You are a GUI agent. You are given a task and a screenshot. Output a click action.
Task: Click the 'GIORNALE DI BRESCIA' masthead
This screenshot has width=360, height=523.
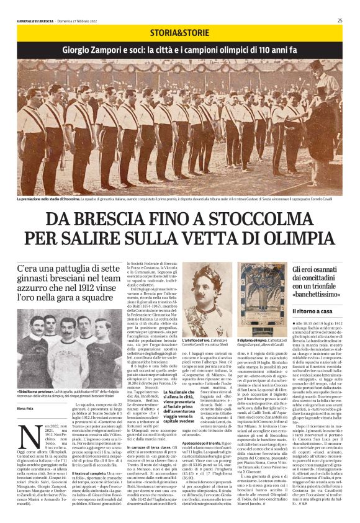pos(38,20)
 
